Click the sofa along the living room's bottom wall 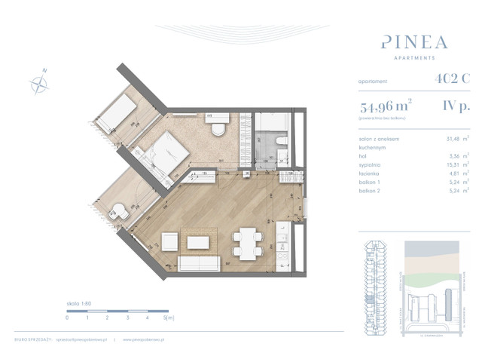pyautogui.click(x=199, y=263)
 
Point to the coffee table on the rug pyautogui.click(x=200, y=243)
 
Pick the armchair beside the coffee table pyautogui.click(x=169, y=243)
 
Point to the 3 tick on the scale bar pyautogui.click(x=127, y=318)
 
